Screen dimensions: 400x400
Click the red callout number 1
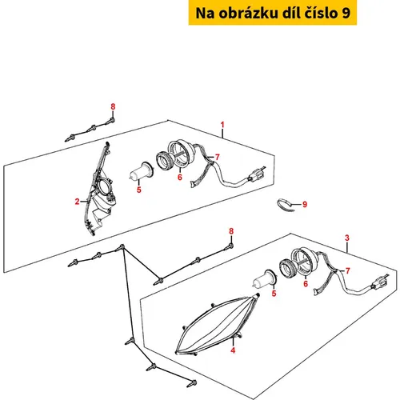coord(222,125)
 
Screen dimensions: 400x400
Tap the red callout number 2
coord(77,202)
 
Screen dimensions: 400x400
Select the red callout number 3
coord(347,238)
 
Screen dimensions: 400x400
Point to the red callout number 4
coord(233,350)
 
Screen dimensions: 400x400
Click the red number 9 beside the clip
coord(305,205)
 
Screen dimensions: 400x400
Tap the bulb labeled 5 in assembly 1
coord(142,172)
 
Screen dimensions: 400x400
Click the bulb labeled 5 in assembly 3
coord(265,280)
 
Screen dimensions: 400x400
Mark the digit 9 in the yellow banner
coord(346,13)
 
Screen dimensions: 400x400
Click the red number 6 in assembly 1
coord(180,177)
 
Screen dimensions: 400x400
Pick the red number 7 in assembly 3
coord(347,270)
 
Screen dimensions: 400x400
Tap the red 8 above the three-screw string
coord(113,106)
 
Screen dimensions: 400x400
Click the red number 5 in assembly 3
coord(274,294)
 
